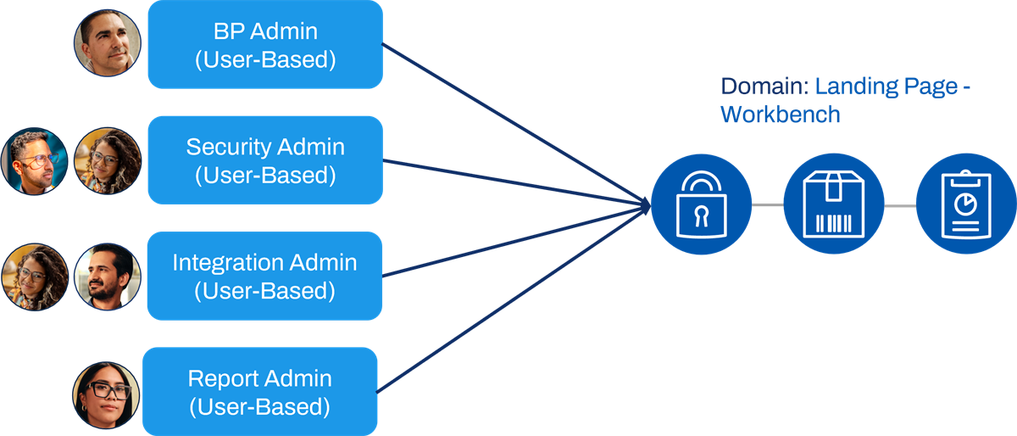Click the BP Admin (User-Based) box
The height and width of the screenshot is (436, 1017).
point(265,44)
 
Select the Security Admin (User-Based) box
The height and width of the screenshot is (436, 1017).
point(265,160)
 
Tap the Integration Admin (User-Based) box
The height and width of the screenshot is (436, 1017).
point(264,276)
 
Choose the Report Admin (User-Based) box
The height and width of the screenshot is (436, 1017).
point(259,391)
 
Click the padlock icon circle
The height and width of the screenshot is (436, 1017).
point(702,204)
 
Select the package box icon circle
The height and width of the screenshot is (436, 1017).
point(834,204)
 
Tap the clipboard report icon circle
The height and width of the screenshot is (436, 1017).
point(966,204)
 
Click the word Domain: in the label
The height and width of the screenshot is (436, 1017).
point(765,87)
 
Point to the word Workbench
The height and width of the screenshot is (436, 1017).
point(781,115)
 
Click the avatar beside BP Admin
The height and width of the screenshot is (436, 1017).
point(108,43)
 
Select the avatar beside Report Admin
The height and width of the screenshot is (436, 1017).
point(106,395)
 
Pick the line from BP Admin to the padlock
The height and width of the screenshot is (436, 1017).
point(516,125)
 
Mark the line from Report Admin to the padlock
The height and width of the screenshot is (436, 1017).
point(514,299)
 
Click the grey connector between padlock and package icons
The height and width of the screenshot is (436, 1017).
point(768,204)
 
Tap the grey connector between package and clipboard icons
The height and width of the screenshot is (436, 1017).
point(900,206)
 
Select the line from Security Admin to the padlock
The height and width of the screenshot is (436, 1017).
point(517,183)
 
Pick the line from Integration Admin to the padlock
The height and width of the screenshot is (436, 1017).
point(516,241)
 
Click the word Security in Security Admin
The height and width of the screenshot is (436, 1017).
point(229,148)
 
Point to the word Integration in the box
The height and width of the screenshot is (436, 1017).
point(228,263)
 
